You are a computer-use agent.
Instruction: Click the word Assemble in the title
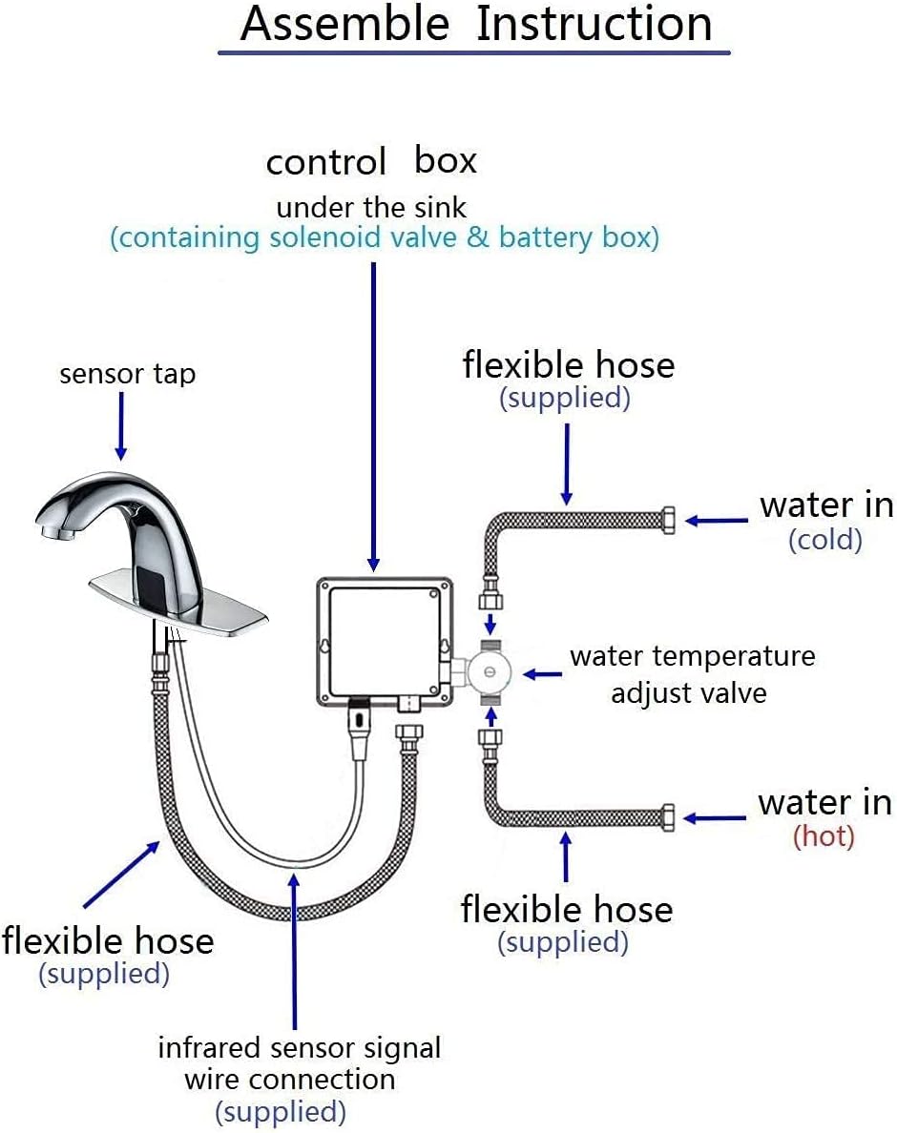344,24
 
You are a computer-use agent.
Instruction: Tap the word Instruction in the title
594,24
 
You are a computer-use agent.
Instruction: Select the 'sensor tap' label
127,374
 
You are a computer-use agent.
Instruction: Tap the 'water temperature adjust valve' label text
691,674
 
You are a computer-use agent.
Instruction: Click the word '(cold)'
824,540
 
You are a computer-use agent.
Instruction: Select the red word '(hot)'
824,836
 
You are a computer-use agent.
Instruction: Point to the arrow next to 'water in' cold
716,521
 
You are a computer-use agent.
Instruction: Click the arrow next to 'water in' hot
714,818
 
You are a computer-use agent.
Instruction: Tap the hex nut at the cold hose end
667,521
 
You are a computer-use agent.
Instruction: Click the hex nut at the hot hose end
667,817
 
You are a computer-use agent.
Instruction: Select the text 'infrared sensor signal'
299,1048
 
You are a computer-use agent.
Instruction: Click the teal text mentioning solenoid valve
385,237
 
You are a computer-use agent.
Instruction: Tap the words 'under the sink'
371,207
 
